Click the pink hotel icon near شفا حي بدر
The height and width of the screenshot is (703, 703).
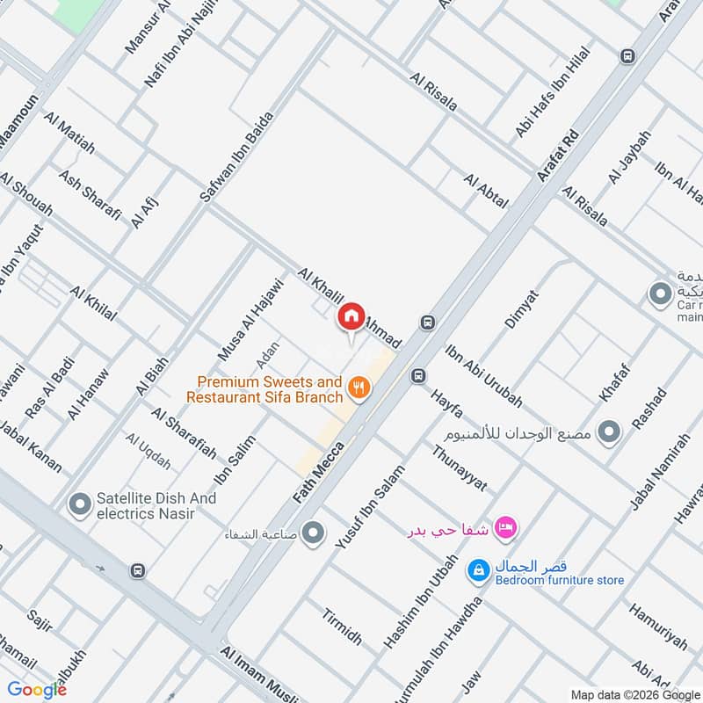pyautogui.click(x=506, y=527)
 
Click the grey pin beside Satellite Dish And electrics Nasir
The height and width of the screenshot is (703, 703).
pyautogui.click(x=80, y=504)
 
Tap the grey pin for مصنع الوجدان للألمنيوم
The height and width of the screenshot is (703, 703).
pyautogui.click(x=608, y=431)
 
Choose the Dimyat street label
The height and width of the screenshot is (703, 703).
pyautogui.click(x=520, y=308)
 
